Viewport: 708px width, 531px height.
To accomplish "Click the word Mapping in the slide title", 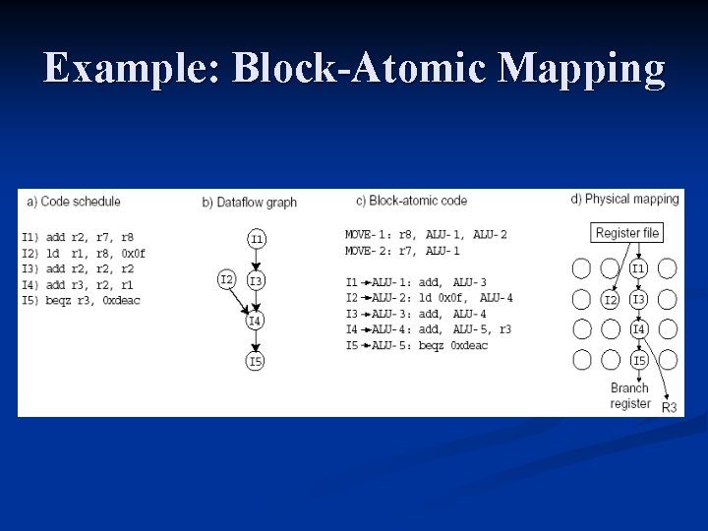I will tap(582, 69).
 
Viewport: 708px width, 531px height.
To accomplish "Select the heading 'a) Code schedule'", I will tap(74, 202).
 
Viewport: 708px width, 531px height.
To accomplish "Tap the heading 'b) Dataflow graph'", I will tap(250, 203).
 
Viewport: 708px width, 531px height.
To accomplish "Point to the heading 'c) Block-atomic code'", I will tap(411, 202).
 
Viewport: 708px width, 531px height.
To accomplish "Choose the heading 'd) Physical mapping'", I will tap(624, 200).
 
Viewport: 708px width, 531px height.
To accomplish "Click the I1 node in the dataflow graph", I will tap(256, 238).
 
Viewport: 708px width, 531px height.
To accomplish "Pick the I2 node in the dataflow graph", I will tap(227, 279).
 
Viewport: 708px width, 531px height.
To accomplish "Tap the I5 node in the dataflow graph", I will tap(256, 361).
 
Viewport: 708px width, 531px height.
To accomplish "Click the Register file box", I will tap(627, 233).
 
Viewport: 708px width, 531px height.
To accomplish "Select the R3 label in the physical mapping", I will tap(670, 407).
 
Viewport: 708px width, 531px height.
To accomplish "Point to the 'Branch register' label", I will tap(630, 395).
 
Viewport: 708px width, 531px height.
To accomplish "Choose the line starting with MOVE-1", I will tap(426, 235).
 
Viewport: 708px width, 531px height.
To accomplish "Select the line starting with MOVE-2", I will tap(402, 251).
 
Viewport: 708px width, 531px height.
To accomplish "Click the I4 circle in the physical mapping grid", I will tap(639, 329).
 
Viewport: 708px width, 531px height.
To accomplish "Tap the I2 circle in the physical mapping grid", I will tap(611, 299).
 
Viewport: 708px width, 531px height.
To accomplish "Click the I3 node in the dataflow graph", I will tap(256, 281).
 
